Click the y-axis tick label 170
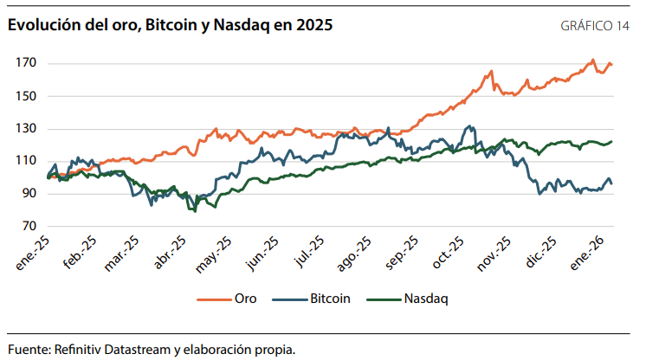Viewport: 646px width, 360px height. coord(25,63)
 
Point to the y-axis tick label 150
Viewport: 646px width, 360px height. coord(25,96)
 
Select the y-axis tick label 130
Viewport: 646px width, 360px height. coord(25,129)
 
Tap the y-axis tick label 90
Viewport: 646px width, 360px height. coord(29,194)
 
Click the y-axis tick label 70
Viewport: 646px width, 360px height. coord(29,227)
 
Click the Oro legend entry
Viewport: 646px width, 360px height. coord(245,299)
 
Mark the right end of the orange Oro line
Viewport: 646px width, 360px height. coord(612,64)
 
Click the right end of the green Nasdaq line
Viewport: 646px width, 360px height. coord(612,142)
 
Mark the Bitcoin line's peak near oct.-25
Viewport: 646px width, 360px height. coord(469,126)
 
